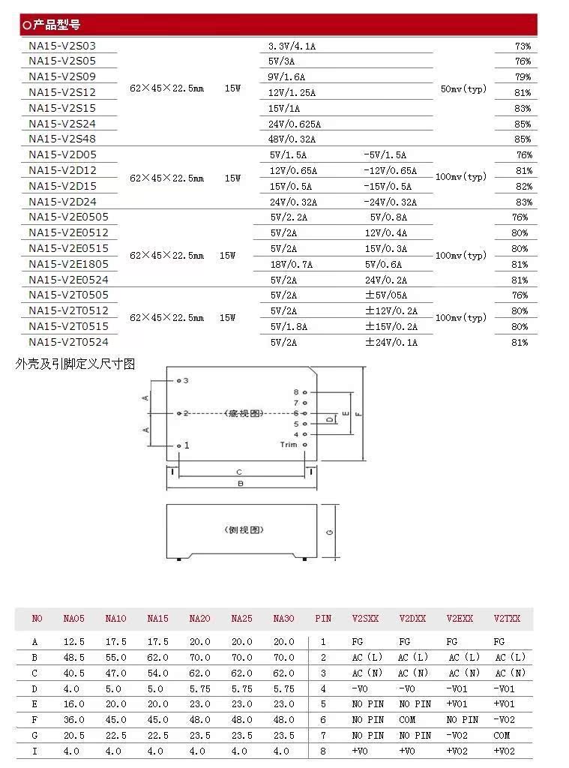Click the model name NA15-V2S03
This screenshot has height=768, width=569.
pos(62,46)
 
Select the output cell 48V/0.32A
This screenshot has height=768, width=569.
pos(292,139)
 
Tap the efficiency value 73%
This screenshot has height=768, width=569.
pos(523,46)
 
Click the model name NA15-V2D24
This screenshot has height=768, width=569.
pos(62,202)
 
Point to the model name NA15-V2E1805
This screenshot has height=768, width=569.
pos(68,264)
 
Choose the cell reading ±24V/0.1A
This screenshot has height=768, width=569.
pos(391,343)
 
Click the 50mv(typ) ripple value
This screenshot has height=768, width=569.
pos(463,89)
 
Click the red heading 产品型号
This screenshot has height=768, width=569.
pos(56,25)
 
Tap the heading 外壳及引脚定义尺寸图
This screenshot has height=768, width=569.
pos(76,364)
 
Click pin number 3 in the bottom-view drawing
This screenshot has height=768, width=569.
pos(186,381)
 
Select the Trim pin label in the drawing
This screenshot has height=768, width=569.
pos(289,445)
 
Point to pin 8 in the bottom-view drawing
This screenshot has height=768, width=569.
pos(296,392)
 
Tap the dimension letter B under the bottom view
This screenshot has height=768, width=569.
pos(240,484)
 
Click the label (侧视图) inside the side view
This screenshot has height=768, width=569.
pos(244,529)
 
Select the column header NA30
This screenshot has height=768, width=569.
pos(283,619)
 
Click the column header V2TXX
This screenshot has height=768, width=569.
pos(507,619)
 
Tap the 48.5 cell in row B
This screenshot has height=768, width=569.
pos(74,657)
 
